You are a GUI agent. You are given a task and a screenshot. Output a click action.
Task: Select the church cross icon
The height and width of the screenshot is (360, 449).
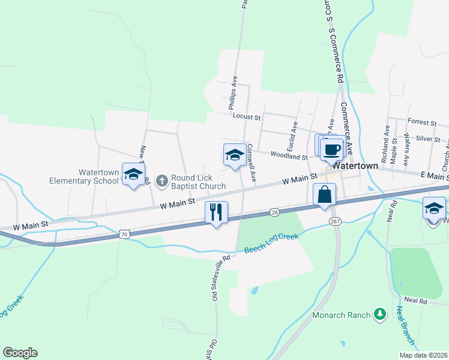[161, 180]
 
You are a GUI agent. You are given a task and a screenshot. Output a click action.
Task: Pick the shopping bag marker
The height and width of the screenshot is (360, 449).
[324, 194]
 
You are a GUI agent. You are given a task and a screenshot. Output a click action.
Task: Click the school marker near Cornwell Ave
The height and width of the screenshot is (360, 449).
[234, 155]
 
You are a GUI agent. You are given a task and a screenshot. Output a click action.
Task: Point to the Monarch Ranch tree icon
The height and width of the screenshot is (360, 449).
[379, 314]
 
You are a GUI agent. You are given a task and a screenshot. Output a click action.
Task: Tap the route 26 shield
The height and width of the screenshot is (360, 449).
[274, 212]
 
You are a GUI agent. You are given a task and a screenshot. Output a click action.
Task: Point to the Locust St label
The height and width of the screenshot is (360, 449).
[247, 118]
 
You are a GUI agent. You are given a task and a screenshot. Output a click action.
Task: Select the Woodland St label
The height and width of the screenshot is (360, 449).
[289, 156]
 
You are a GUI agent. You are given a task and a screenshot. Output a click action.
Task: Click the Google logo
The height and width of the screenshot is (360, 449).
[20, 353]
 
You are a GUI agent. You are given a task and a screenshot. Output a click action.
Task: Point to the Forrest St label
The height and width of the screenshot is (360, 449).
[421, 122]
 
